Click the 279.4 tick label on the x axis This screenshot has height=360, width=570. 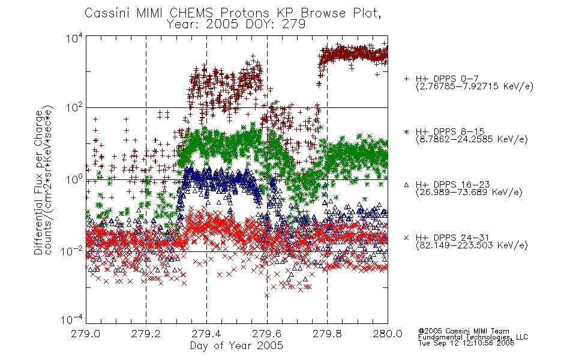[206, 334]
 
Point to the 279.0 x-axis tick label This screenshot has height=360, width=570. [85, 334]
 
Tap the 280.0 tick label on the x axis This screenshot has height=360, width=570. [388, 334]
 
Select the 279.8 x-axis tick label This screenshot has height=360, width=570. [327, 334]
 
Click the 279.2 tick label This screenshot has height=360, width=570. [146, 334]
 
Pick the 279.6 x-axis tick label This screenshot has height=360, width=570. [267, 334]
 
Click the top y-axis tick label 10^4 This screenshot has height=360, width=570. [74, 38]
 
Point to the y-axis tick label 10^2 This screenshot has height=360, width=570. [74, 107]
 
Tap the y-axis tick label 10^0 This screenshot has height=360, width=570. [74, 179]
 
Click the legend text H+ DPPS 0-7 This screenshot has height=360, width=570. [447, 79]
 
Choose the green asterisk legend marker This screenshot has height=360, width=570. [406, 132]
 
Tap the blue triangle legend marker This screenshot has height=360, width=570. [406, 185]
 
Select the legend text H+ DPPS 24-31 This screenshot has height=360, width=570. [452, 238]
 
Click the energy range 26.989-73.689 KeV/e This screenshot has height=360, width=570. [469, 192]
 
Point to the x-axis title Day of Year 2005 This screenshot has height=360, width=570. [236, 346]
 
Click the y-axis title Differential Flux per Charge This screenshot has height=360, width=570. [38, 182]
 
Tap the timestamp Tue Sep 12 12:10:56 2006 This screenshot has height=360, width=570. [466, 343]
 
